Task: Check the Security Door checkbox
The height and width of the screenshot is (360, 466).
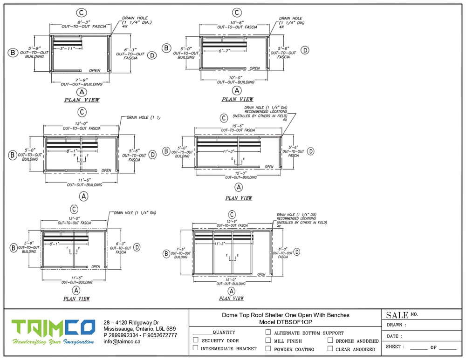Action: coord(196,340)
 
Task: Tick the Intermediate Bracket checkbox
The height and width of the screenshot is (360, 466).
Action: coord(196,348)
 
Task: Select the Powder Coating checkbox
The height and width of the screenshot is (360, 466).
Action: coord(268,348)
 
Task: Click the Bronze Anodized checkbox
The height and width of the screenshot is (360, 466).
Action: coord(330,340)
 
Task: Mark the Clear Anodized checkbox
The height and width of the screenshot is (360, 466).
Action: coord(330,348)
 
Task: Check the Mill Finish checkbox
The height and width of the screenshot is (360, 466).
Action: coord(268,340)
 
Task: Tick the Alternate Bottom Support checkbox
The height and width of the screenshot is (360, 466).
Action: coord(268,333)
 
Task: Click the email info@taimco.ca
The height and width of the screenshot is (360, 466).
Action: coord(122,341)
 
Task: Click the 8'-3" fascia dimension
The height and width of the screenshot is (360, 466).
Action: coord(82,21)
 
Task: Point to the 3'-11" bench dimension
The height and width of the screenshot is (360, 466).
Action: coord(68,48)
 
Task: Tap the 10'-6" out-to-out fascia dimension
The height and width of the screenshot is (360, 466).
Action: coord(237,22)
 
